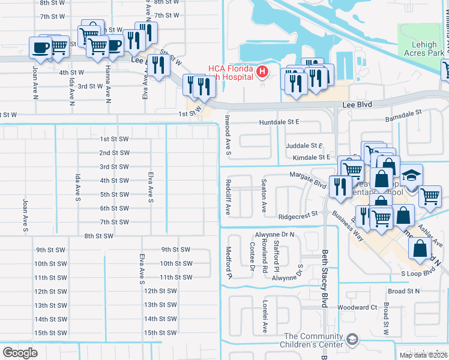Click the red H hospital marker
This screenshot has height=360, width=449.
click(x=262, y=73)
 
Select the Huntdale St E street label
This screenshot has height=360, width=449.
click(x=279, y=122)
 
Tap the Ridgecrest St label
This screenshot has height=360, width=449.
click(x=298, y=217)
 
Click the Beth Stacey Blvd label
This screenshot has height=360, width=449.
click(x=325, y=278)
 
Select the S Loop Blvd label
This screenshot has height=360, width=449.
click(x=418, y=272)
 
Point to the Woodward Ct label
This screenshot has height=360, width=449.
click(x=357, y=307)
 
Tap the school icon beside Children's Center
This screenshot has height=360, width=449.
click(x=354, y=340)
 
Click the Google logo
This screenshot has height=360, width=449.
click(x=20, y=353)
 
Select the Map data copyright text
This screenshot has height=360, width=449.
click(x=423, y=355)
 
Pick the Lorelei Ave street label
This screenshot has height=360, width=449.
click(x=264, y=319)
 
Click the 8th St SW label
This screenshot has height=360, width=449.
click(x=99, y=236)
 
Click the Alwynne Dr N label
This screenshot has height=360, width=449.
click(x=275, y=235)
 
